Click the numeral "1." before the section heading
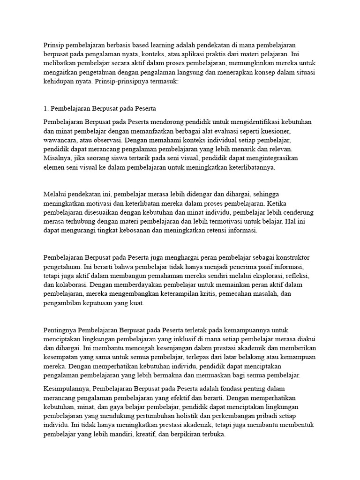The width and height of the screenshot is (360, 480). click(46, 109)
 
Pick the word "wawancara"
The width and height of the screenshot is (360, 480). click(60, 140)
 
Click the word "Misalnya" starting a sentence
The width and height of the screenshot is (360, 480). click(56, 158)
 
